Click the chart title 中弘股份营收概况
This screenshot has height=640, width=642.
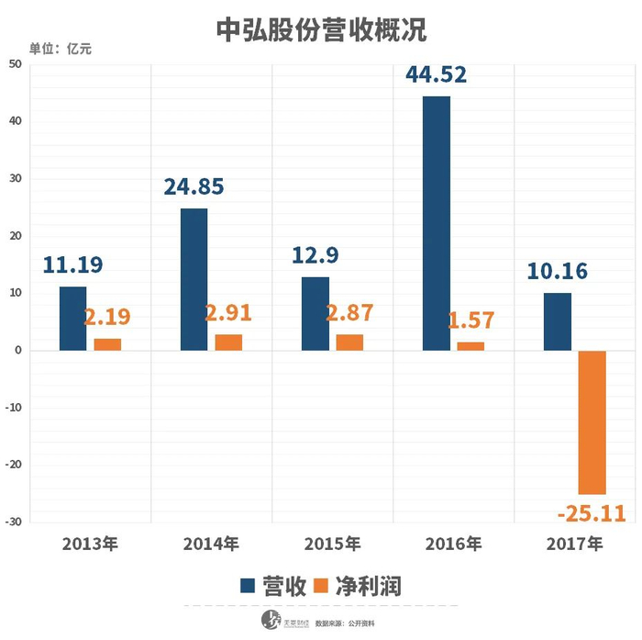321,30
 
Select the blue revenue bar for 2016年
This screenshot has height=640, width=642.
437,223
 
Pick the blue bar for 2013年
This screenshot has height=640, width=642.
73,319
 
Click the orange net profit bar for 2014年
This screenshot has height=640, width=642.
228,342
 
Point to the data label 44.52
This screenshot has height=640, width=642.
436,73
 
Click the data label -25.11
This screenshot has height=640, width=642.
590,511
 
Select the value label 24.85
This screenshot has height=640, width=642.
194,187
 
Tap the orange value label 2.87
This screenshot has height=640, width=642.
349,312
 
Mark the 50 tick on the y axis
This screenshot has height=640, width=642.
16,63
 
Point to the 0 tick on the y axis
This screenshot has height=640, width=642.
18,351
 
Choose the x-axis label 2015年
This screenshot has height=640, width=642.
332,545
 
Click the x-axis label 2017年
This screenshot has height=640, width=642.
574,545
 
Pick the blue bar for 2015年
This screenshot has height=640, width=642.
315,314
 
